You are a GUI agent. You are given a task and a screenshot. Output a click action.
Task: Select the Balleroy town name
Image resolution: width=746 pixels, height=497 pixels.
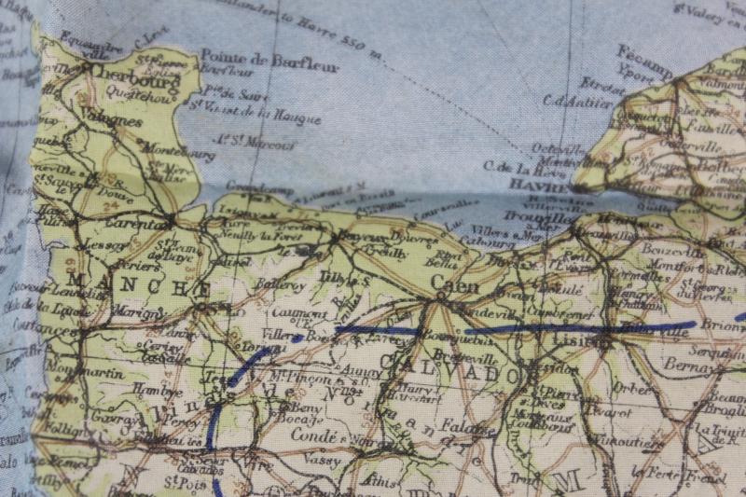point(275,283)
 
